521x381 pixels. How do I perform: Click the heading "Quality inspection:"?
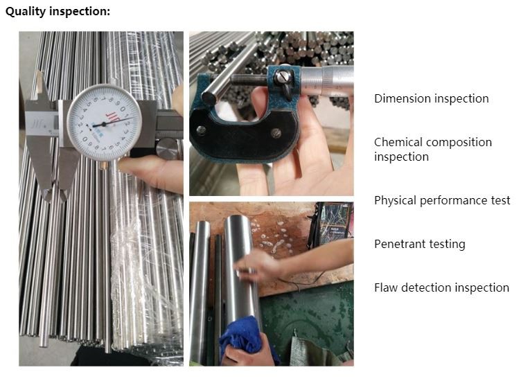[58, 12]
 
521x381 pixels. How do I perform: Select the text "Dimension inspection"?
[431, 98]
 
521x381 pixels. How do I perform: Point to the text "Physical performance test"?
[441, 200]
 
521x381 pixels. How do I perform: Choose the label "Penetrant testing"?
[419, 244]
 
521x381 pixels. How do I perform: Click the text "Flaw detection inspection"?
[441, 287]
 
